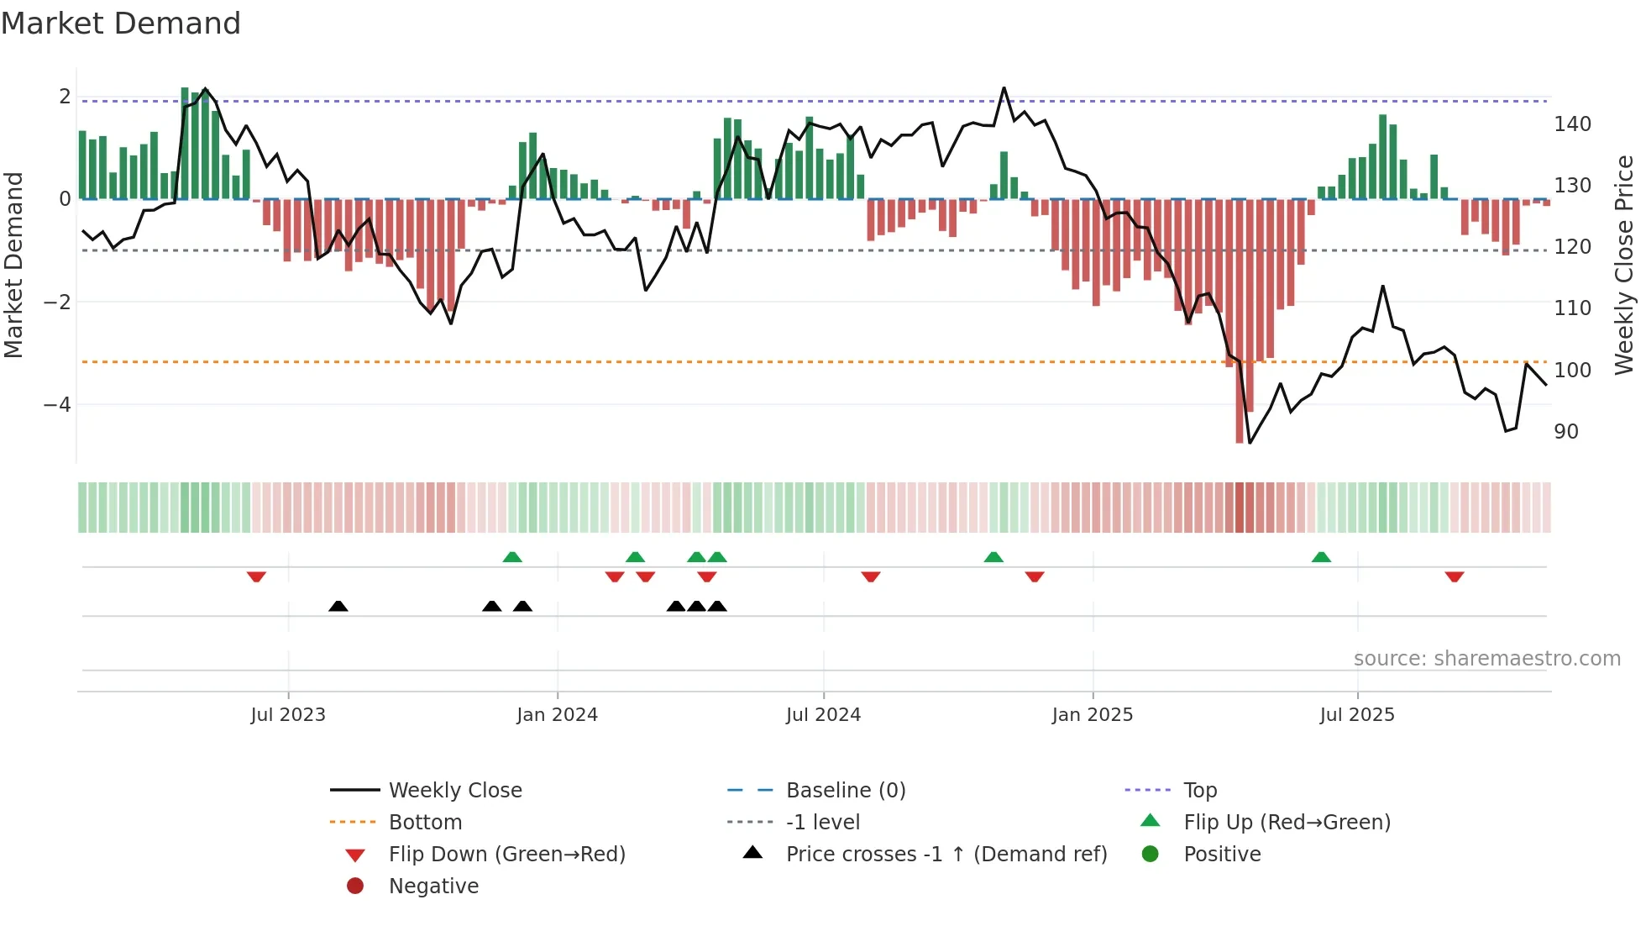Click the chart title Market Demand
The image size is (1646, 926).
tap(121, 24)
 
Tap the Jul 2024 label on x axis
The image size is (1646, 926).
tap(823, 715)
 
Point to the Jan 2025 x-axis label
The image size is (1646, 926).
tap(1092, 715)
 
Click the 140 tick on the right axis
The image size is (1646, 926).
tap(1572, 124)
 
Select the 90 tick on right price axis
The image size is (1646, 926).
tap(1566, 432)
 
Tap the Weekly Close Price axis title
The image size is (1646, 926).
tap(1624, 265)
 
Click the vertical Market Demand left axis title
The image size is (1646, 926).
tap(13, 265)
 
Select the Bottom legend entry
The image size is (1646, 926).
tap(425, 823)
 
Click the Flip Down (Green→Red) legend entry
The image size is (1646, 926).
tap(506, 855)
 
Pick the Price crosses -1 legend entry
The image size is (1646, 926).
tap(946, 855)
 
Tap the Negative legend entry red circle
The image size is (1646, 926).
tap(355, 887)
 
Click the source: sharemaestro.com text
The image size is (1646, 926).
tap(1486, 659)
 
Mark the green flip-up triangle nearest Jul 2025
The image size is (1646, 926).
tap(1321, 557)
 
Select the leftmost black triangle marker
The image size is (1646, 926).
tap(338, 607)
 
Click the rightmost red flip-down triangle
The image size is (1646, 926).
tap(1455, 576)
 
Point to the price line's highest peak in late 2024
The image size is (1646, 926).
tap(1004, 87)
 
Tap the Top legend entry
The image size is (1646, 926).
tap(1199, 791)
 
